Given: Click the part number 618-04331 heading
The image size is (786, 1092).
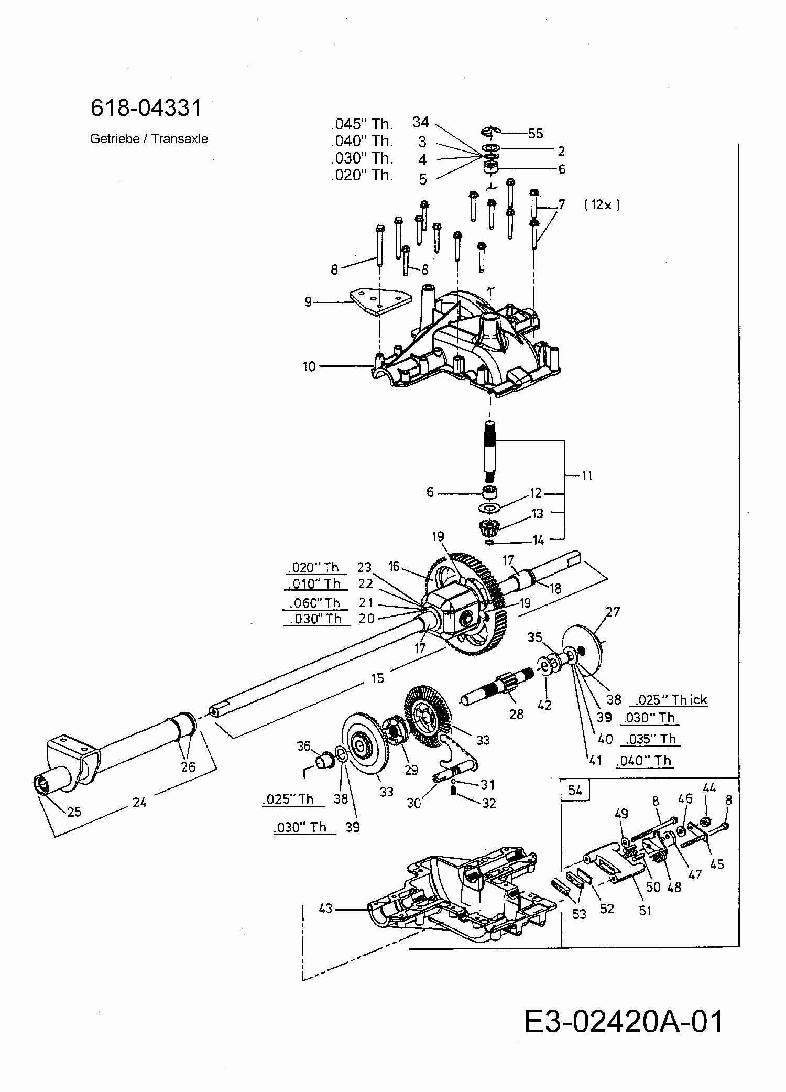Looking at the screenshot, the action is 146,108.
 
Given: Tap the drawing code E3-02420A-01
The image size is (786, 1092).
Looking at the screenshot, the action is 624,1022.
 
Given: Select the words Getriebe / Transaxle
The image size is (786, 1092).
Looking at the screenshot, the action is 149,139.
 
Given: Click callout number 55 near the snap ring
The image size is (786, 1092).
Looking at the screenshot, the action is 535,133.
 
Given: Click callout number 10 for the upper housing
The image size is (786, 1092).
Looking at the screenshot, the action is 309,366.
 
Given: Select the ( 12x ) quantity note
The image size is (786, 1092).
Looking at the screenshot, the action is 602,204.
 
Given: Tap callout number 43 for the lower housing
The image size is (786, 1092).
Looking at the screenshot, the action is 326,907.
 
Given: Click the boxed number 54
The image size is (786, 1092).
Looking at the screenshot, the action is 575,790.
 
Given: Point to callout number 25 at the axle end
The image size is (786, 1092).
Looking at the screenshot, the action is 74,811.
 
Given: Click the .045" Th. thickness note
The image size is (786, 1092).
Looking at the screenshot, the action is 362,124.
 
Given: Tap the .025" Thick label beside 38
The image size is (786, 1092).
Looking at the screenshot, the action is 671,700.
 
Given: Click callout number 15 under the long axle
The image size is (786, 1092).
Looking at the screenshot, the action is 377,678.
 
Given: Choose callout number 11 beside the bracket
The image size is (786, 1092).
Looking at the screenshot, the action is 587,475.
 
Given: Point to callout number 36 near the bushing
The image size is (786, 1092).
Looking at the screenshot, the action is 304,745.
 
